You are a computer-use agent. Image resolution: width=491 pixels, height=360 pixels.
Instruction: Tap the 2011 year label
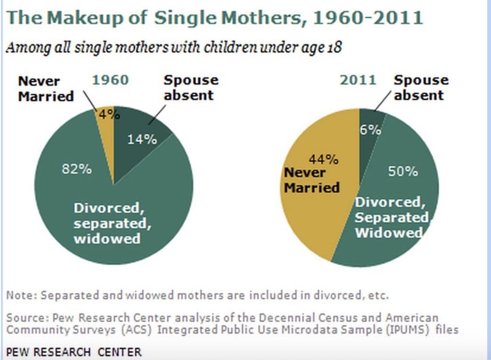[357, 80]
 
